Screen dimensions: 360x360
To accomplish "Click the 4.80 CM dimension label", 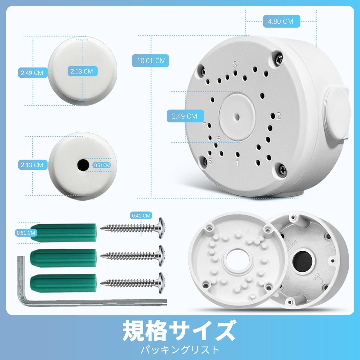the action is pos(281,21).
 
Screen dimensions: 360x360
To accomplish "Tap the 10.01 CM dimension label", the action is pos(151,61).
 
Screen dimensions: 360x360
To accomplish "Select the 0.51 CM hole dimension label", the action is pos(102,165).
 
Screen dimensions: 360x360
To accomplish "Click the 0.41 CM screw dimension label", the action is pos(141,216).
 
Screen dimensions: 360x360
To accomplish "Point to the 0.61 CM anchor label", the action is pos(26,233).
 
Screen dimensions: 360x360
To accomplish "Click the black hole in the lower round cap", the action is pos(83,165).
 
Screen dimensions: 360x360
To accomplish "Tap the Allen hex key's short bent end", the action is pos(21,280).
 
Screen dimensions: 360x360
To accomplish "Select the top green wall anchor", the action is pos(64,232).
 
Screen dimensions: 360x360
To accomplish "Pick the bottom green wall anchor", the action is pos(64,283).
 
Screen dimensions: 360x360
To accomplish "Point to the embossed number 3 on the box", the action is pos(235,64).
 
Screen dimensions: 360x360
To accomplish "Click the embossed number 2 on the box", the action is pos(279,116).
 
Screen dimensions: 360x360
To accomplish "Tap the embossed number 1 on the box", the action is pos(237,163).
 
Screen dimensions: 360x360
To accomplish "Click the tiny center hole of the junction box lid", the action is pos(237,117).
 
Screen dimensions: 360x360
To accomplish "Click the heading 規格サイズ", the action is pos(179,331).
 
